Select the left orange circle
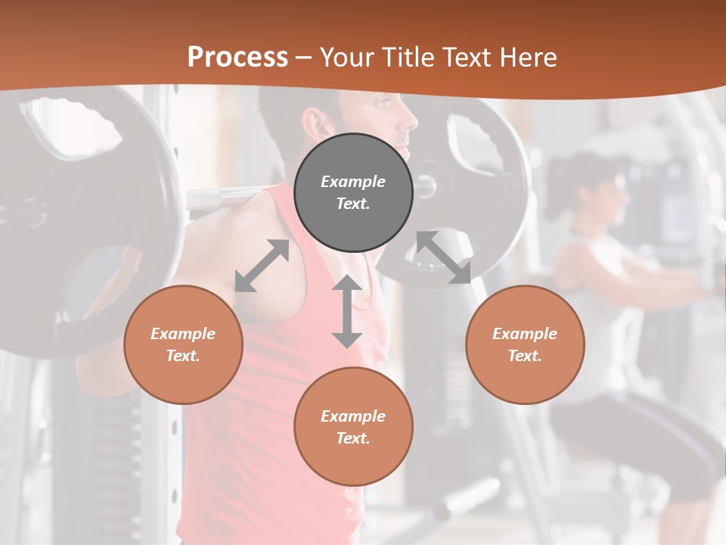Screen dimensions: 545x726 (183, 344)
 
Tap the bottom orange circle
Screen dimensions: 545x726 (353, 427)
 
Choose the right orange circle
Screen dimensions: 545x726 (525, 344)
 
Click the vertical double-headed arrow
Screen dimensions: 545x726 (347, 311)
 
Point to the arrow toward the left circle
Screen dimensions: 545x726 (262, 265)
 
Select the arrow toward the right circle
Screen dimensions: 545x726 (444, 257)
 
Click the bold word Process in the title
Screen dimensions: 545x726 (237, 57)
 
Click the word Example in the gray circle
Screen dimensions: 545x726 (353, 182)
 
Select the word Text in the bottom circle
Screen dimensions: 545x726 (353, 438)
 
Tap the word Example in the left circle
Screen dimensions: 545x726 (183, 334)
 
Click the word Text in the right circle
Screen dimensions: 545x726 (525, 356)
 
